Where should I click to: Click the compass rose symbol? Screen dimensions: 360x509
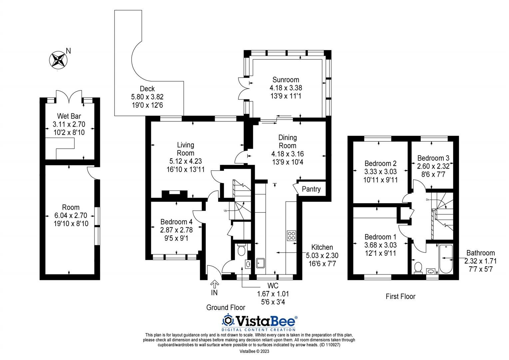click(x=58, y=60)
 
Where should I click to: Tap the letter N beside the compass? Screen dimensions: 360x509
click(x=68, y=51)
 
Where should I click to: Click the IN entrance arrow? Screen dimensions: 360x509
click(x=215, y=284)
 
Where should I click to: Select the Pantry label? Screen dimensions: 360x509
click(x=311, y=189)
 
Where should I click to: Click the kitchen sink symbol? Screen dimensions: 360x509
click(x=260, y=263)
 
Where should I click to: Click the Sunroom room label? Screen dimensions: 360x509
click(x=285, y=80)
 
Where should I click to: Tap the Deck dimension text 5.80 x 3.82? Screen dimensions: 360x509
click(x=147, y=97)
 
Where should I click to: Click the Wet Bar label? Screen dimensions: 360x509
click(x=69, y=116)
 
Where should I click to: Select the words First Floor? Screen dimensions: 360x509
click(x=400, y=296)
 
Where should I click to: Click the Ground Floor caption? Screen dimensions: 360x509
click(x=226, y=307)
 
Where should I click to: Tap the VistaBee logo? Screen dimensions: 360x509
click(x=259, y=321)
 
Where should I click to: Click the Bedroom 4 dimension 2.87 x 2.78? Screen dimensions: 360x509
click(x=176, y=230)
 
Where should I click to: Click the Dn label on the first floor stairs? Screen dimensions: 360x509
click(x=428, y=199)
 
